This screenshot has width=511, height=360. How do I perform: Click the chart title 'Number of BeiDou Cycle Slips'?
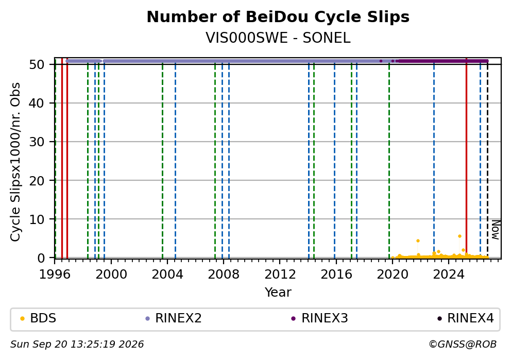coord(278,17)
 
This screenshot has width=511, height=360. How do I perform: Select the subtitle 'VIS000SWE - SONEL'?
coord(278,38)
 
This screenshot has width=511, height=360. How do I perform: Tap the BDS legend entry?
coord(39,318)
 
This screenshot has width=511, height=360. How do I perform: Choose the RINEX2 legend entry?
coord(174,318)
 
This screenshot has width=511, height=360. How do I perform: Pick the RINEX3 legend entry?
coord(320,318)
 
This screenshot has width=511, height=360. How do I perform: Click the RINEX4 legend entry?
coord(466,318)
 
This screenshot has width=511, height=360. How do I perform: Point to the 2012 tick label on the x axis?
coord(280,275)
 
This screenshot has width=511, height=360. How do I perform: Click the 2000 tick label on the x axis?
coord(111,275)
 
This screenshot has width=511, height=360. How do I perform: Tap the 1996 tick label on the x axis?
coord(55,275)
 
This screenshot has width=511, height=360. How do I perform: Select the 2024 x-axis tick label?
coord(449,275)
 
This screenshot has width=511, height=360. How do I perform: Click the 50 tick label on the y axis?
coord(37,64)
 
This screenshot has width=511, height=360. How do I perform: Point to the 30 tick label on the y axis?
coord(37,142)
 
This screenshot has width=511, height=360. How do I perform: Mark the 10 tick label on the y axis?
coord(37,219)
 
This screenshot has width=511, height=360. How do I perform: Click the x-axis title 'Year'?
coord(278,292)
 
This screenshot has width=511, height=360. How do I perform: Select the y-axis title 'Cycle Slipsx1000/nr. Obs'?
coord(15,162)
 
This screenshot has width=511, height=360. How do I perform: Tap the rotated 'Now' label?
coord(496,230)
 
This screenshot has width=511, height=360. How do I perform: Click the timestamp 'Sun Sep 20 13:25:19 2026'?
coord(77,345)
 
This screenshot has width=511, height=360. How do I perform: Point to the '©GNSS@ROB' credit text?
coord(463,345)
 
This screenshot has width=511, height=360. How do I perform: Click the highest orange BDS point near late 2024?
coord(459,236)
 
